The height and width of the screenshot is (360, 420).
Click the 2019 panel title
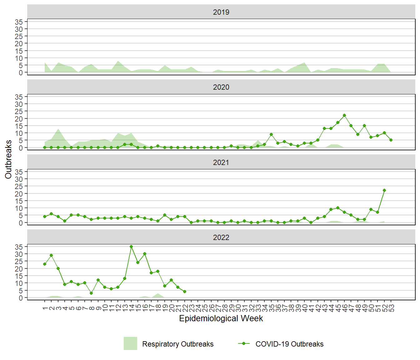221,12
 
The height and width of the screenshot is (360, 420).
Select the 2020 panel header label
221,87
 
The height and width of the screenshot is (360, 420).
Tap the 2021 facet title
221,162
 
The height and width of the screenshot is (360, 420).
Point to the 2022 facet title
221,237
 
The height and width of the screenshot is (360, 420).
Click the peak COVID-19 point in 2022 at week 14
131,247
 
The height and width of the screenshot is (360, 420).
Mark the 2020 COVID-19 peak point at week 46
344,115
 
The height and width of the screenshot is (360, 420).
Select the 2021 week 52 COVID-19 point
384,190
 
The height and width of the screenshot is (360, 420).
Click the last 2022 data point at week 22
185,292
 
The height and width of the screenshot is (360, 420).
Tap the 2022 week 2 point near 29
51,255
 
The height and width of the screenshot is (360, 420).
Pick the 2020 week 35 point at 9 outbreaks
271,134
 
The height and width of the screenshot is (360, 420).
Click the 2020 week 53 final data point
391,140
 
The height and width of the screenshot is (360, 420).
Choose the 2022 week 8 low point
91,293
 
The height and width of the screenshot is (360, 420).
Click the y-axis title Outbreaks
8,159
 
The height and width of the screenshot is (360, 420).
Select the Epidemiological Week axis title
221,318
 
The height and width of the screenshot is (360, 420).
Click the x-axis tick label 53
391,308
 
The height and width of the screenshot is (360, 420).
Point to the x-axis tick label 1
45,308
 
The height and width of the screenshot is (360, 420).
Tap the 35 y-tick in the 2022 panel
19,247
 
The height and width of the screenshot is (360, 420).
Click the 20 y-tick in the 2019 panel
19,43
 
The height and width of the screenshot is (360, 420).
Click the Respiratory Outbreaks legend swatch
130,343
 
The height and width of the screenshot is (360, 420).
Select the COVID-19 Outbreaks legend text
289,344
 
